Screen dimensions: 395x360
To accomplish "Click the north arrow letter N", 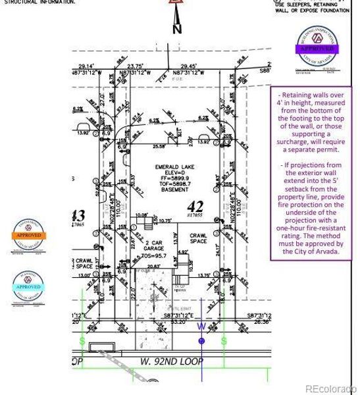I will pyautogui.click(x=176, y=29).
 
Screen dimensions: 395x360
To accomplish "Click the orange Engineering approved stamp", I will pyautogui.click(x=28, y=234).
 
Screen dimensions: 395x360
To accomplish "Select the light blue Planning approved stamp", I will pyautogui.click(x=28, y=287).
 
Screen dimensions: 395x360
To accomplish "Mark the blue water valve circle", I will pyautogui.click(x=201, y=340).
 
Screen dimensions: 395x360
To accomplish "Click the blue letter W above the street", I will pyautogui.click(x=201, y=325).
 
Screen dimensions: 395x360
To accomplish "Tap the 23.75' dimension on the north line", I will pyautogui.click(x=136, y=66).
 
